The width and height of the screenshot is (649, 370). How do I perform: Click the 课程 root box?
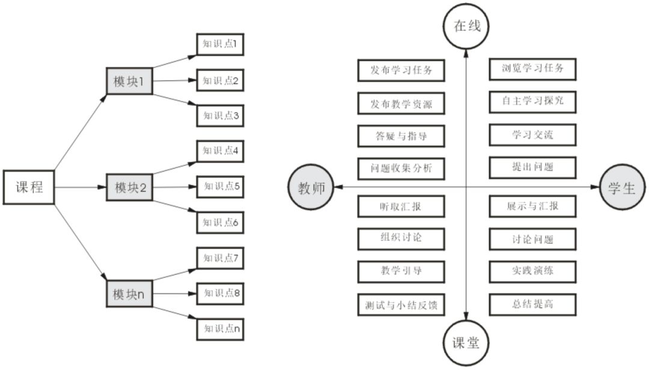[29, 187]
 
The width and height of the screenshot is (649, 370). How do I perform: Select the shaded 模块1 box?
[129, 81]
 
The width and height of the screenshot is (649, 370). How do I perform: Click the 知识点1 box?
[221, 44]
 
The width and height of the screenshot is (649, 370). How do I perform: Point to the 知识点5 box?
[221, 186]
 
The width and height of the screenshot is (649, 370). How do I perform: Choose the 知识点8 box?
[221, 293]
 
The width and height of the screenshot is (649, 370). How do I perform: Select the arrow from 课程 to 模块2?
[80, 187]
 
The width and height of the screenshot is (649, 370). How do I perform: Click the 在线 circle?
[466, 26]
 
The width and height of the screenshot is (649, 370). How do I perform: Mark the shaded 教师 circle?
[311, 188]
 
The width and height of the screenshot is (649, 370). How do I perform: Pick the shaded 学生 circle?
[622, 188]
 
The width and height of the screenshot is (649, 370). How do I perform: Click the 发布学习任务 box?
[401, 70]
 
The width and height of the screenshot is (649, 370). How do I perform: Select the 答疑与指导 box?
[401, 135]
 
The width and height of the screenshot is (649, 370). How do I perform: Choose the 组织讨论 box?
[401, 238]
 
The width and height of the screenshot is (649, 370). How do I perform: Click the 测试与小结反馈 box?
[401, 305]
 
